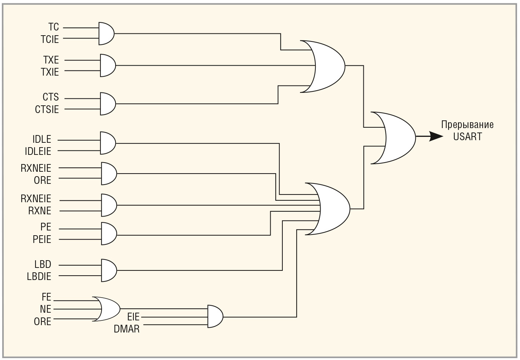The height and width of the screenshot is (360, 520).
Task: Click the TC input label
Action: (x=54, y=27)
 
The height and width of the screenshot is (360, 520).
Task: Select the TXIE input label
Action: (x=50, y=72)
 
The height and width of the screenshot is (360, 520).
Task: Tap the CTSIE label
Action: (x=47, y=109)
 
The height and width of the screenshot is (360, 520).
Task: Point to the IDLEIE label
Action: (x=38, y=151)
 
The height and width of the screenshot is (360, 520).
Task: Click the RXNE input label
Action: (x=40, y=211)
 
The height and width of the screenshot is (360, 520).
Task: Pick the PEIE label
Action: (x=42, y=240)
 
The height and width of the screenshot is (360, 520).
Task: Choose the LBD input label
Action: (x=43, y=265)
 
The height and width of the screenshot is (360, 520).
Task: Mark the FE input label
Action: (x=46, y=297)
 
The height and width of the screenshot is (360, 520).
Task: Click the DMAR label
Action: (x=127, y=329)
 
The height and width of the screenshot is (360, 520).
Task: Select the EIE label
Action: (x=133, y=317)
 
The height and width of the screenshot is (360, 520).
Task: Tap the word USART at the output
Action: (x=467, y=137)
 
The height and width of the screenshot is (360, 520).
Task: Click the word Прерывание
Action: (x=467, y=125)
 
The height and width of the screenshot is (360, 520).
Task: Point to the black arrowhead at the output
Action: (x=436, y=137)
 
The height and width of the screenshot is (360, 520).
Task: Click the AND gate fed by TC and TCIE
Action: (x=106, y=33)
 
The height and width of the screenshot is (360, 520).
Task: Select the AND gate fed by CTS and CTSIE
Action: (x=108, y=104)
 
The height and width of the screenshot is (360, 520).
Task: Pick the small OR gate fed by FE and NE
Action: (x=107, y=309)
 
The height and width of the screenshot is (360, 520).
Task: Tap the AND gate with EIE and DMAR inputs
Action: (x=215, y=316)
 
